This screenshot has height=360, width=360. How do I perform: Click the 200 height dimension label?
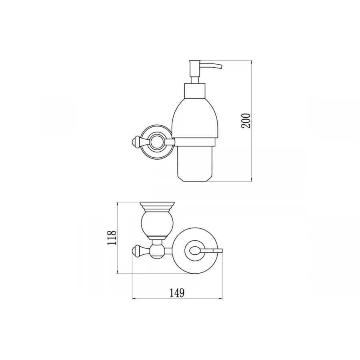click(246, 120)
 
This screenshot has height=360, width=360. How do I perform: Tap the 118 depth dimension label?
click(112, 238)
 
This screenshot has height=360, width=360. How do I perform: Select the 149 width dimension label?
click(177, 293)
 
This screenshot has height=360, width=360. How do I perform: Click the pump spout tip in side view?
click(221, 66)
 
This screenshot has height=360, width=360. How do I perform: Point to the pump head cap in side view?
click(195, 69)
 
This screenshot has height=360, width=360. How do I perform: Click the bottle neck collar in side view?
click(195, 91)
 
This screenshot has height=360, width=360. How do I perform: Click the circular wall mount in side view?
click(157, 142)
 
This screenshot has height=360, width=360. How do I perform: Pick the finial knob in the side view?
click(136, 142)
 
